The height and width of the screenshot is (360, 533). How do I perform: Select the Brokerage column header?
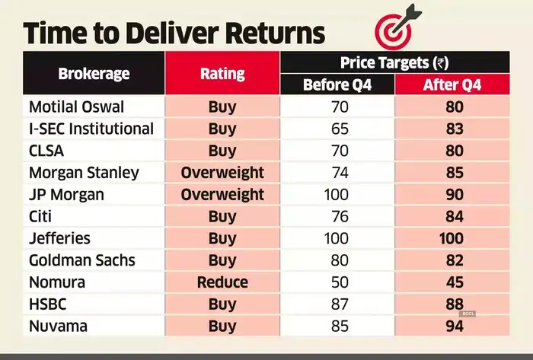coord(94,74)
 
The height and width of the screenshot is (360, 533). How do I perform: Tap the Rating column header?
coord(222,74)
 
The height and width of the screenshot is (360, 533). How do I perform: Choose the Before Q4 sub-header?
coord(337,84)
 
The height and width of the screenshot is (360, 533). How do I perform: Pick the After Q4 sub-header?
coord(452,84)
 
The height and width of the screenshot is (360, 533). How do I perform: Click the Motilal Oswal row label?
coord(76,107)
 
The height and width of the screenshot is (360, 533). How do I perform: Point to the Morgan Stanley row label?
coord(84,173)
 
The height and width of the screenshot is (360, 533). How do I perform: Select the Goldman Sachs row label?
coord(81,260)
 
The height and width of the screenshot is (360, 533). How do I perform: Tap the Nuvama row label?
coord(59,327)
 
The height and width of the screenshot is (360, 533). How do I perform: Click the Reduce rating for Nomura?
coord(222,282)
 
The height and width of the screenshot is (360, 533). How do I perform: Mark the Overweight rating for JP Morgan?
coord(222,195)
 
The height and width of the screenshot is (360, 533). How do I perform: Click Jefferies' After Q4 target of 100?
coord(452,239)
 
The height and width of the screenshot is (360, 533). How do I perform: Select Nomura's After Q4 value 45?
coord(452,282)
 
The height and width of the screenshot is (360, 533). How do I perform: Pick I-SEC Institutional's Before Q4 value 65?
coord(337,129)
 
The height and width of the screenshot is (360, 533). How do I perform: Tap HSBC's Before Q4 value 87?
coord(337,304)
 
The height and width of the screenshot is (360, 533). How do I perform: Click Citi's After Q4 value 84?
coord(452,217)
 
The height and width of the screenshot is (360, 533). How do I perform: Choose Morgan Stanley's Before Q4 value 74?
coord(337,173)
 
